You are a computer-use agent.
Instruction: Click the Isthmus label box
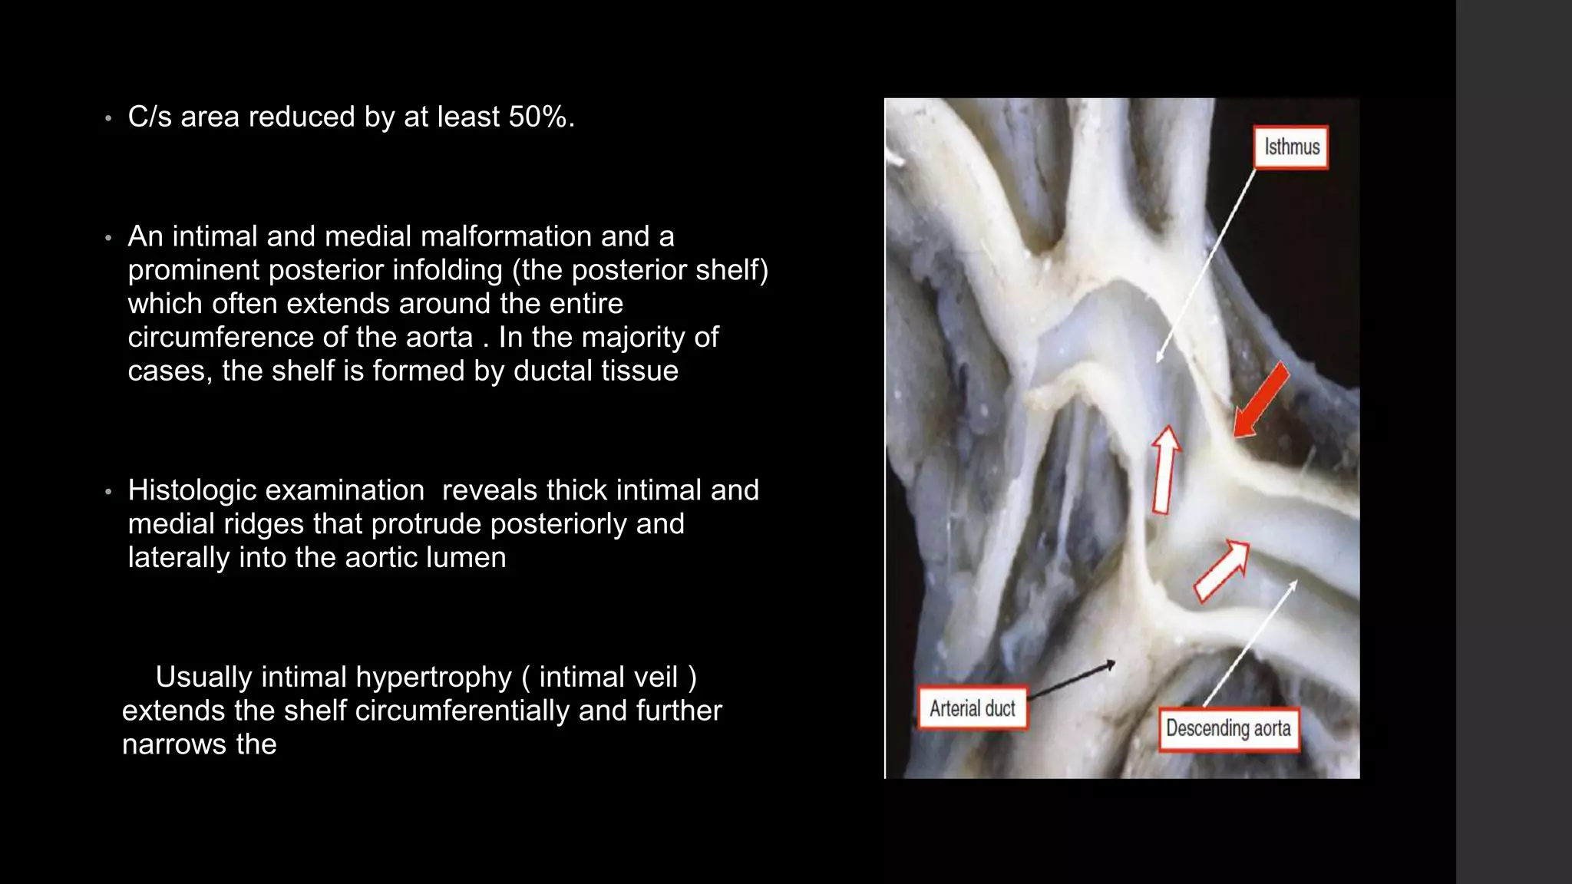1291,147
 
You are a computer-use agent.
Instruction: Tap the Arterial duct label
972,708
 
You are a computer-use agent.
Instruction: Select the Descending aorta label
1228,728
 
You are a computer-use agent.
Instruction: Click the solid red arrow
1260,401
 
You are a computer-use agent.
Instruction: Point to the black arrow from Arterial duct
1071,681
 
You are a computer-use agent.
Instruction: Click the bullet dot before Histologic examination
108,491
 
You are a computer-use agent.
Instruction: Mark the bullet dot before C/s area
108,118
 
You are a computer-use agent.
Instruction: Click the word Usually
203,678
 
